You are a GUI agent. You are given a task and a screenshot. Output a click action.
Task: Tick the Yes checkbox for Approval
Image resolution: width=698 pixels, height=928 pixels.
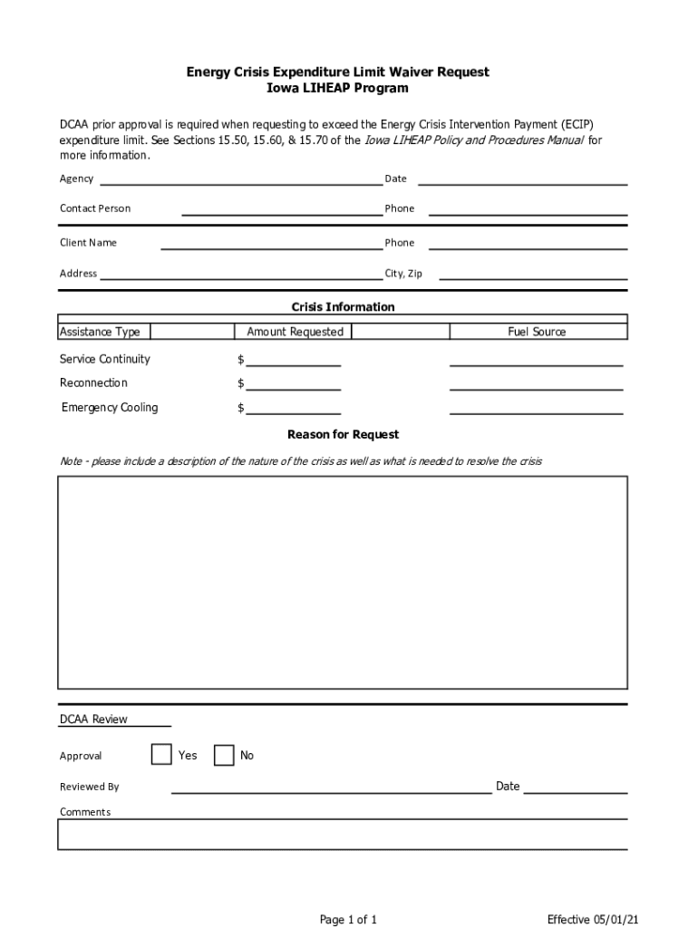tap(161, 754)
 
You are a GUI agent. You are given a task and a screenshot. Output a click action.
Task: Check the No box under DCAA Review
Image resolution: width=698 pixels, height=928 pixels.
tap(224, 755)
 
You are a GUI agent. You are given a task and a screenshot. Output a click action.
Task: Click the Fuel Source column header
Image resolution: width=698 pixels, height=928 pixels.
tap(537, 332)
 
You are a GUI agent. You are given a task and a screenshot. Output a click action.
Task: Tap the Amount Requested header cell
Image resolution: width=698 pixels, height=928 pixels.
tap(295, 332)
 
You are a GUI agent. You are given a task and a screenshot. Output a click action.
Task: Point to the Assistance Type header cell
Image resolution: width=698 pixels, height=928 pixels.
tap(101, 332)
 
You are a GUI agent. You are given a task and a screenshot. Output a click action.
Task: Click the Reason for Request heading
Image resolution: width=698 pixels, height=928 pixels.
tap(343, 435)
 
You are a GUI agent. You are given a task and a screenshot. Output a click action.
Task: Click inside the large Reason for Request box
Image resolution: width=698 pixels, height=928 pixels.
tap(343, 582)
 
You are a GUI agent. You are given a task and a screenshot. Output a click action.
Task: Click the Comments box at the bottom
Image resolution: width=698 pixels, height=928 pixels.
tap(343, 835)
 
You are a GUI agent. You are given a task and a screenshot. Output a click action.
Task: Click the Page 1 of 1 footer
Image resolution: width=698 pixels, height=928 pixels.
tap(348, 920)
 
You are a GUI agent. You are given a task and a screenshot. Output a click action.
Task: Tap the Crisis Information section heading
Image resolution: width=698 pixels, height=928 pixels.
tap(343, 307)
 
